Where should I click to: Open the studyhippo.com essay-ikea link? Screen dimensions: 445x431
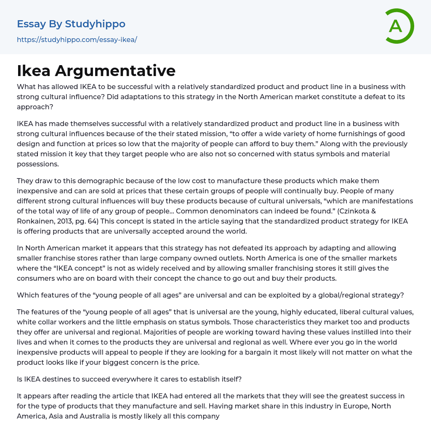[77, 39]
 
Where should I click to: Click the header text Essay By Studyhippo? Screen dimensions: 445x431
[71, 24]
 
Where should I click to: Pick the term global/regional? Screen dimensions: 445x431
[338, 295]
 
